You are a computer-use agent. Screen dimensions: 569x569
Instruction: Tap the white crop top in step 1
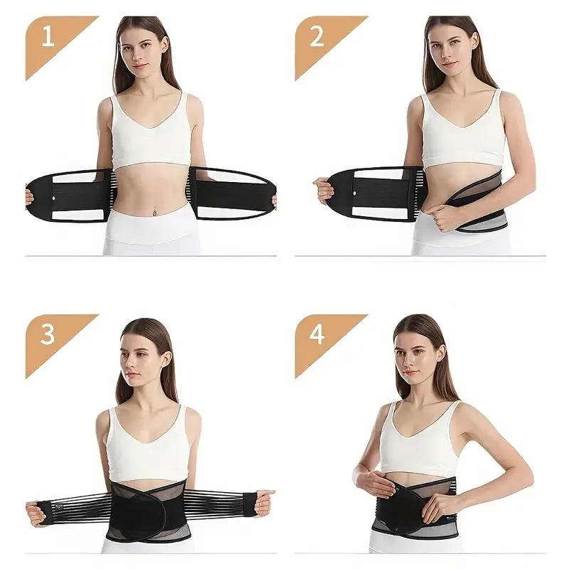[x=151, y=132]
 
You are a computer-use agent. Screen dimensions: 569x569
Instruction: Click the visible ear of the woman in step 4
[x=440, y=353]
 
